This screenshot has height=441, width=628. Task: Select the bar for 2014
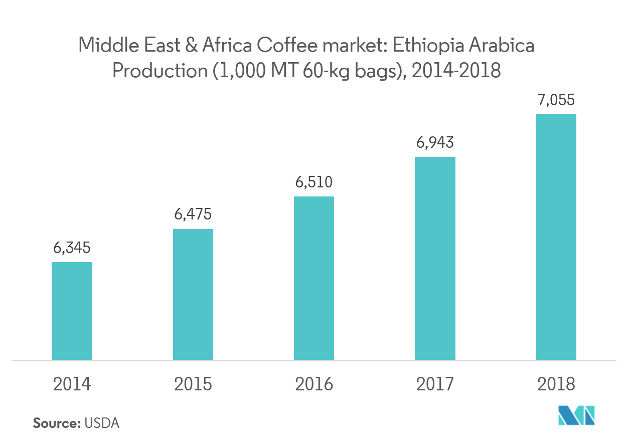72,311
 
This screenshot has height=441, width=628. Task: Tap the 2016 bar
314,278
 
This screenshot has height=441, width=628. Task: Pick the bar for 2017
435,258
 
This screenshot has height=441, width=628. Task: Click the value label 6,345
72,248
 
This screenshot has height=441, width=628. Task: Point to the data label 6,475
193,214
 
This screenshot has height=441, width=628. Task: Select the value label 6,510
314,181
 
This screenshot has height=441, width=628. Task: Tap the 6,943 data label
435,142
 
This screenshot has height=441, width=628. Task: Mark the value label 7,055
556,100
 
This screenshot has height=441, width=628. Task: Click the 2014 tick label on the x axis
72,384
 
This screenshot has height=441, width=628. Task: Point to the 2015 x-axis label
193,384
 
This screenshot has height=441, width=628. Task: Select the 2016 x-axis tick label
314,384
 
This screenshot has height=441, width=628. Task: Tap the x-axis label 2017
435,384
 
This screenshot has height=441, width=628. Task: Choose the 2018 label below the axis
556,384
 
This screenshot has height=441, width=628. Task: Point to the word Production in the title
156,71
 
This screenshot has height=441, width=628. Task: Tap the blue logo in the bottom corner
577,415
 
